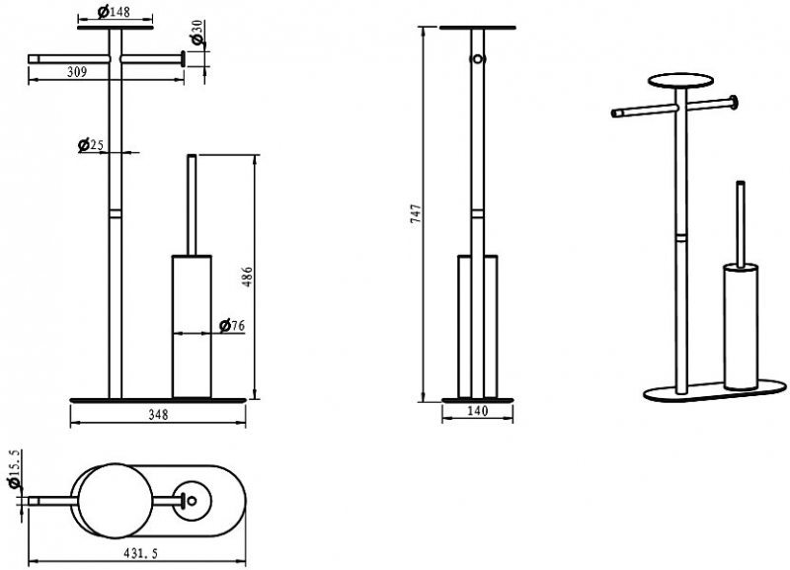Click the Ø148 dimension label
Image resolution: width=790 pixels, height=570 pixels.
tap(114, 11)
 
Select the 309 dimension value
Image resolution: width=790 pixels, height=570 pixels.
tap(77, 72)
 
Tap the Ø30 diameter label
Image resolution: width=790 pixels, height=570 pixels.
tap(197, 34)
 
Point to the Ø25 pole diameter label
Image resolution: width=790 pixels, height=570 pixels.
tap(91, 145)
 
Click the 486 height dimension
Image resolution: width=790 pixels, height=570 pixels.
tap(248, 278)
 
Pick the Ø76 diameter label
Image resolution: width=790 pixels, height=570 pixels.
tap(232, 326)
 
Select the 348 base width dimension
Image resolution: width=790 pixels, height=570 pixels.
tap(158, 415)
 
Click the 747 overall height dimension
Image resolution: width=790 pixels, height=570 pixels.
tap(416, 213)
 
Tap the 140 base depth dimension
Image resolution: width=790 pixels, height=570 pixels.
tap(478, 411)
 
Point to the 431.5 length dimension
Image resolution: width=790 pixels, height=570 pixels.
tap(140, 553)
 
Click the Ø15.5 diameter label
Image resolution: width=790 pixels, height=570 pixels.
tap(15, 469)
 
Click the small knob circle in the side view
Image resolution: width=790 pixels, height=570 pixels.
tap(477, 59)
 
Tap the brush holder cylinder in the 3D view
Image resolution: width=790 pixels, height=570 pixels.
tap(740, 327)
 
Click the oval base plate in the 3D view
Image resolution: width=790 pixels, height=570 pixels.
tap(715, 391)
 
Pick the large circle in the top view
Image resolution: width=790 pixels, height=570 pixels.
tap(113, 501)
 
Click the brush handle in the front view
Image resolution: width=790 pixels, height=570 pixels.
tap(192, 205)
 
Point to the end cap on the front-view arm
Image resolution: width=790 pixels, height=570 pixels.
tap(183, 59)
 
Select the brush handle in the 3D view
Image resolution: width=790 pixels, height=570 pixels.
tap(740, 224)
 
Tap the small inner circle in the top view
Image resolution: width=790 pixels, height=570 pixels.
tap(192, 501)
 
